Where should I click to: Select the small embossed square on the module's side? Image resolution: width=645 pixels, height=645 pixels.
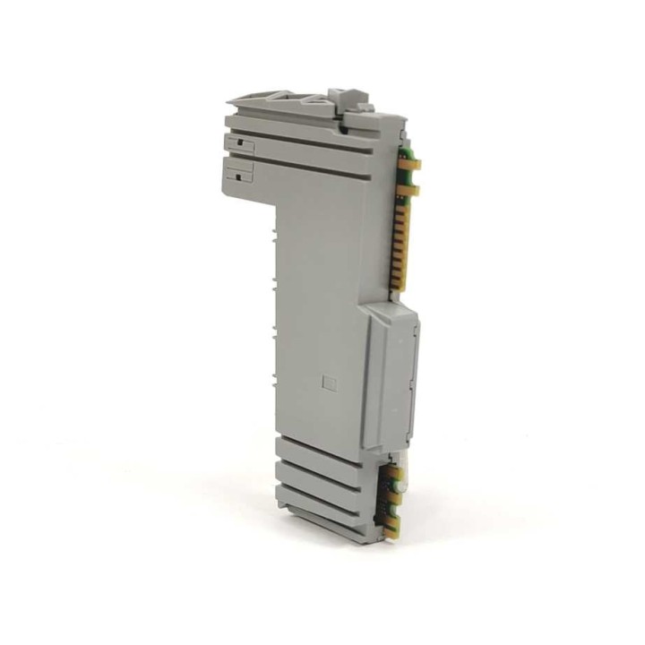pos(328,380)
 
